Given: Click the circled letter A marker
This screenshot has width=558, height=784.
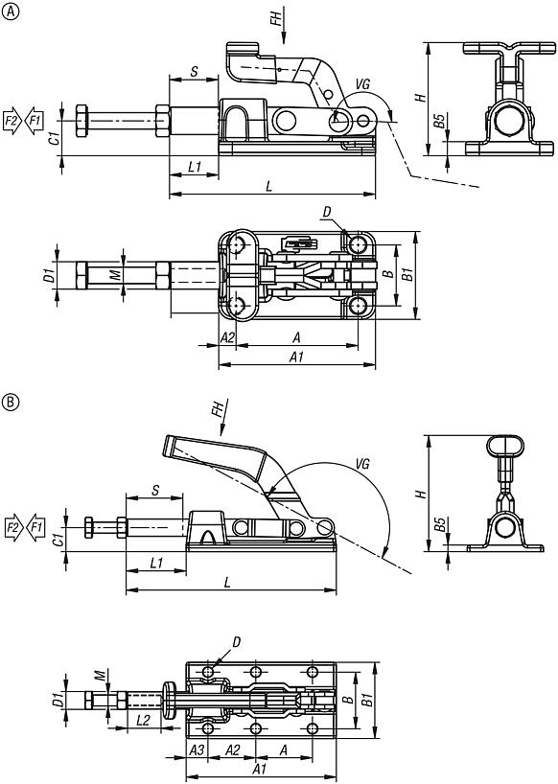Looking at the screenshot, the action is (x=11, y=12).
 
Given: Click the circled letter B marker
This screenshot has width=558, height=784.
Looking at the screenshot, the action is (x=11, y=401).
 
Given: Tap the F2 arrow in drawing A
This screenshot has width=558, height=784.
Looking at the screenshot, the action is (x=12, y=121).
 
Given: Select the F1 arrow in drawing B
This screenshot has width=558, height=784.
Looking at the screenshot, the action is (x=35, y=526).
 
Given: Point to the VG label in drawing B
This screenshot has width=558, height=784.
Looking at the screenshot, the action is (x=362, y=465).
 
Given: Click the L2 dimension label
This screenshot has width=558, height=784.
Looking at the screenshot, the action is (x=143, y=721).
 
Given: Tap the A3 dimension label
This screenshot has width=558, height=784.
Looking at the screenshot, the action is (x=198, y=749).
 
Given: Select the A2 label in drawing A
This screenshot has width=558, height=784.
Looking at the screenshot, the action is (x=227, y=337).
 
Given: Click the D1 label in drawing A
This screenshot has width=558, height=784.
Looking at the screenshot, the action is (x=48, y=275).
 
